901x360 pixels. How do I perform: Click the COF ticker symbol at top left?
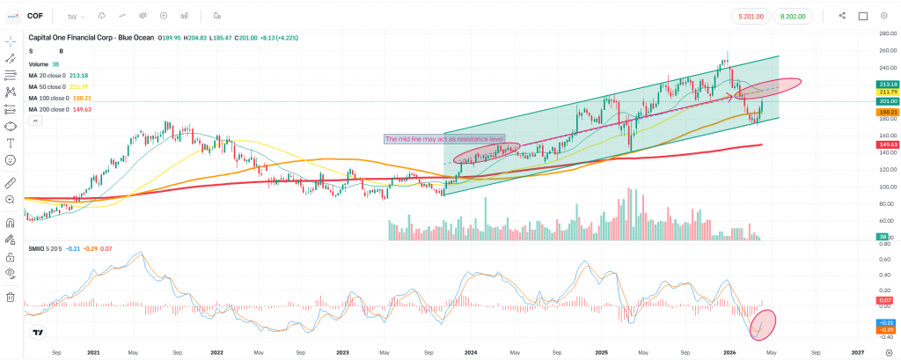(x=34, y=15)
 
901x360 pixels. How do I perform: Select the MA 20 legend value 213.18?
(x=79, y=76)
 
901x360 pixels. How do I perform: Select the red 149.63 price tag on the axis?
(x=887, y=143)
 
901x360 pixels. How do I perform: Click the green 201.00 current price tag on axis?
(x=887, y=102)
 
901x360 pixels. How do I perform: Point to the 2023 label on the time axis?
(x=343, y=352)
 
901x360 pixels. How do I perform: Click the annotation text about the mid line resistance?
(x=444, y=139)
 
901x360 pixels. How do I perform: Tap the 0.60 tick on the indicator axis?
(x=885, y=259)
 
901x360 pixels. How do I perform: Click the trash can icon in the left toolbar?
(x=11, y=297)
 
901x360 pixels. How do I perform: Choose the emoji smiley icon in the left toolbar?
(x=11, y=160)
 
